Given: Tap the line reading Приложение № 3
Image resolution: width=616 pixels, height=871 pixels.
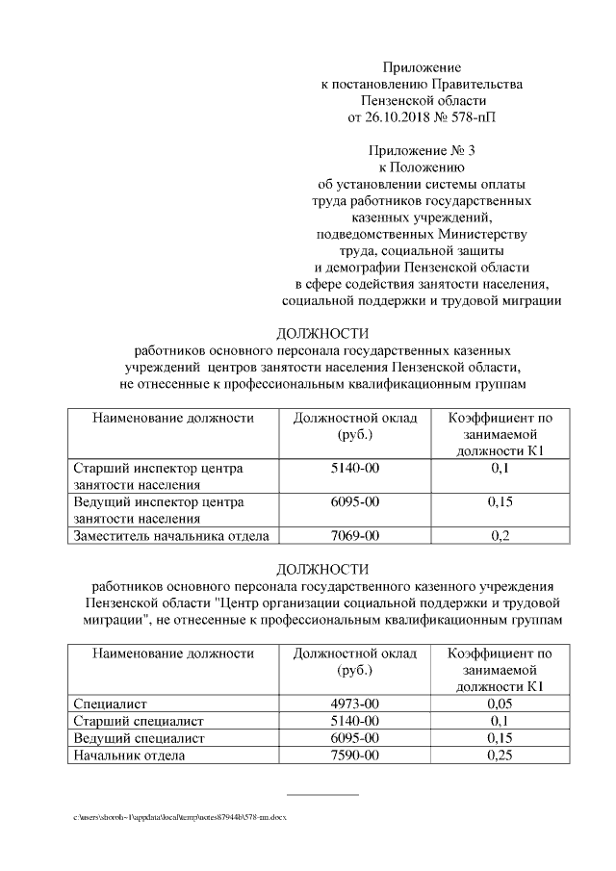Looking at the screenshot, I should [423, 150].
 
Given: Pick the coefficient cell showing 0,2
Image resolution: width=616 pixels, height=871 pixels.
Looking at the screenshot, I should [499, 536].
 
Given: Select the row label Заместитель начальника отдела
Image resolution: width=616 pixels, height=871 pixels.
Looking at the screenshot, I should [171, 536].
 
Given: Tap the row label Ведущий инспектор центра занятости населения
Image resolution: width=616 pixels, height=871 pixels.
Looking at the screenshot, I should [159, 510].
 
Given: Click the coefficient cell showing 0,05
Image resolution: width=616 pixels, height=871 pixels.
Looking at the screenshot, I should [499, 704].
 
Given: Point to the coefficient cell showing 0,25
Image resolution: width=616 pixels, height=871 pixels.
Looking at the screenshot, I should [499, 756].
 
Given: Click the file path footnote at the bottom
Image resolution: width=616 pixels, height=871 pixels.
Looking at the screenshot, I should [180, 817].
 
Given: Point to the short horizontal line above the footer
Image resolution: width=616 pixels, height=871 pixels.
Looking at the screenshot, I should [322, 795].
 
